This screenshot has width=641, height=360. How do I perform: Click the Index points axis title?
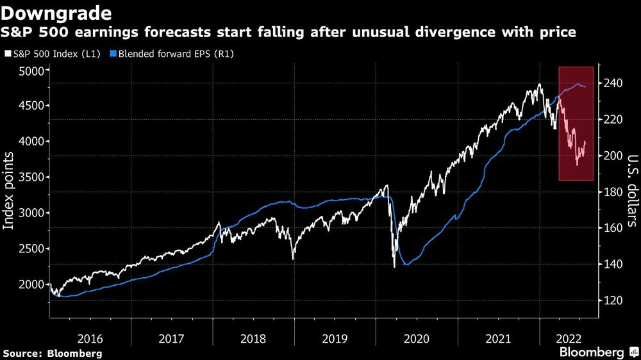click(10, 190)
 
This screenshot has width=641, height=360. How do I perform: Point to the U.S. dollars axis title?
click(631, 190)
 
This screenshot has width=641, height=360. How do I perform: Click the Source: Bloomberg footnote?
click(53, 353)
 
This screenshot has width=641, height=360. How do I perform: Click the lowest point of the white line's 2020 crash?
click(394, 266)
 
